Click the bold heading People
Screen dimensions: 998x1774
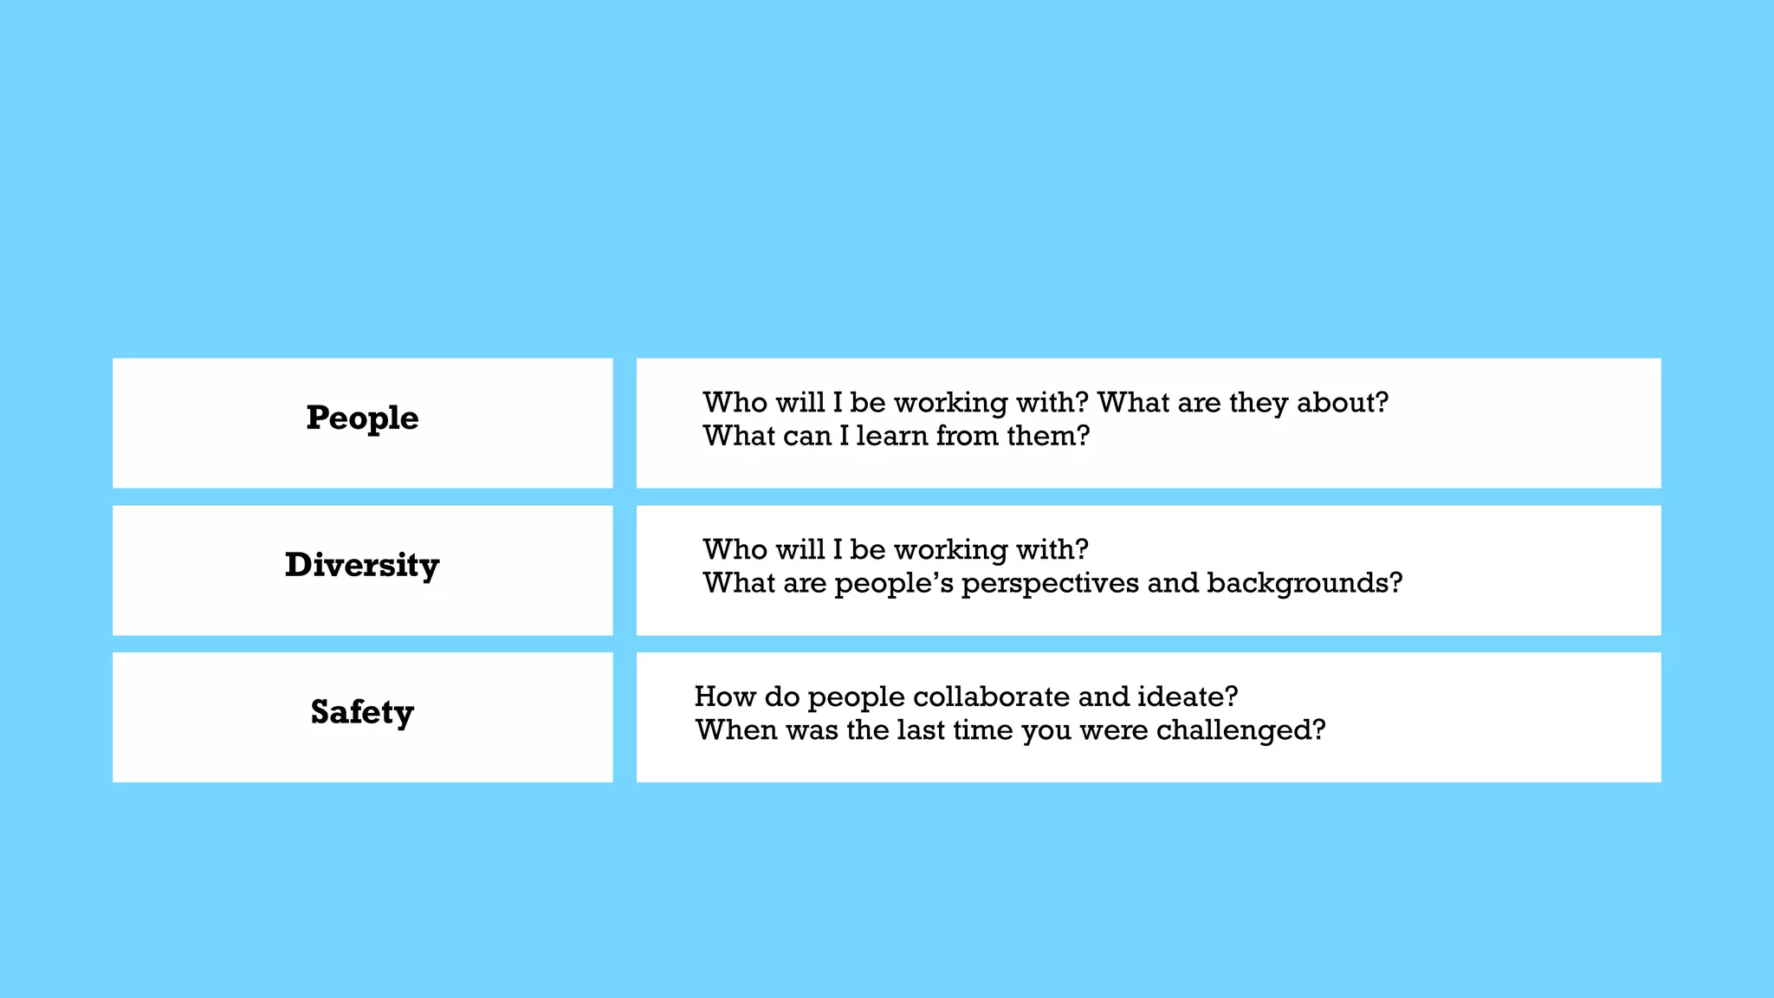pos(362,418)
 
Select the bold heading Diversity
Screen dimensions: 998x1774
pos(362,566)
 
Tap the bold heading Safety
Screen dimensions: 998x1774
pos(362,712)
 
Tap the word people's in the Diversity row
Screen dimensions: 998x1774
pos(893,584)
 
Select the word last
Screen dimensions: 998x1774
pos(920,730)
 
